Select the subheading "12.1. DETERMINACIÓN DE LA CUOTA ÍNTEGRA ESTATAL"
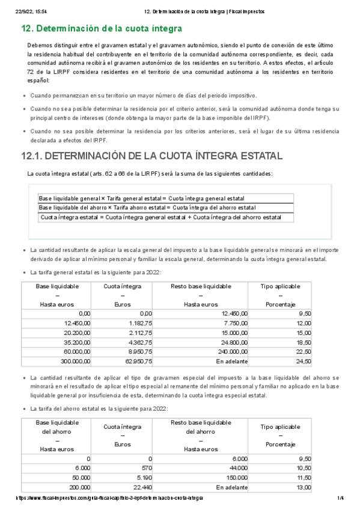tap(151, 156)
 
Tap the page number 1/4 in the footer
tap(340, 499)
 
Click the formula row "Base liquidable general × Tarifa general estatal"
tap(141, 198)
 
